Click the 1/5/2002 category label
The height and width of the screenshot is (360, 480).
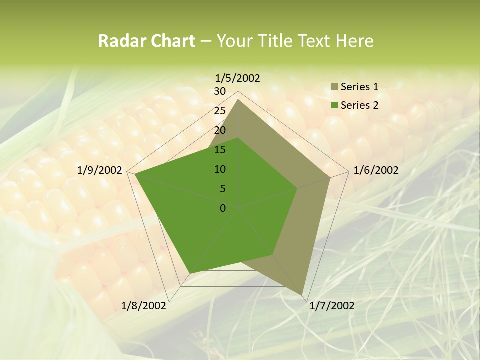point(238,78)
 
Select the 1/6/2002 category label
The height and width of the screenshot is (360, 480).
point(376,170)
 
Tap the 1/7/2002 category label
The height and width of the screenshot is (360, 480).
point(332,306)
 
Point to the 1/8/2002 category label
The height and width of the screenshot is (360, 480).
point(144,306)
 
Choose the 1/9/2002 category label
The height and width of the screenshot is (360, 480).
point(100,170)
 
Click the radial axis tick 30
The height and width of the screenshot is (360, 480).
point(220,91)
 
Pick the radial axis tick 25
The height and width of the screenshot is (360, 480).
point(220,111)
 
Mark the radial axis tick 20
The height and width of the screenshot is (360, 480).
point(220,130)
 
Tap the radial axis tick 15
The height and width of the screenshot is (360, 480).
point(220,150)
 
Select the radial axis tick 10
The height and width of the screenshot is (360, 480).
point(220,169)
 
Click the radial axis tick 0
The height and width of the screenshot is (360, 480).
point(223,208)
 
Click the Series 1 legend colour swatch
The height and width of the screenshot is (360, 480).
point(334,87)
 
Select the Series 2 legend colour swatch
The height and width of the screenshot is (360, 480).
point(334,105)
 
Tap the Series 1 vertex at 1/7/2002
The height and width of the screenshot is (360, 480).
point(303,295)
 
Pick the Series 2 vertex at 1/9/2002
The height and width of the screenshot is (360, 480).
point(135,174)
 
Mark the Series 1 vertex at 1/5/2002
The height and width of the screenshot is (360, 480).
point(238,99)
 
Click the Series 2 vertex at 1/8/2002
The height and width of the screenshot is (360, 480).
point(189,273)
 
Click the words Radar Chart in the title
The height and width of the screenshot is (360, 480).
point(146,41)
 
